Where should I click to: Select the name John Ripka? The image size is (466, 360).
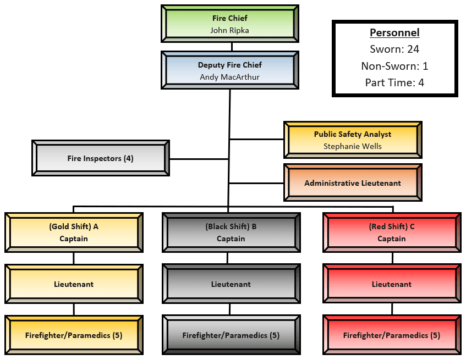coord(230,30)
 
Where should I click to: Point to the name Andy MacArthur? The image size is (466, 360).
coord(230,77)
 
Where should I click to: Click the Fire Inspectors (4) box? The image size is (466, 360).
coord(101,158)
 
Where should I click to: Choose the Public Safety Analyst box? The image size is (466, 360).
coord(353,134)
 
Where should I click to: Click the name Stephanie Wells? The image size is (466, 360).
coord(353,146)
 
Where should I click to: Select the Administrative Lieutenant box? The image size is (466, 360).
coord(353,183)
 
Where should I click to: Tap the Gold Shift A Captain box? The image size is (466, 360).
coord(74,232)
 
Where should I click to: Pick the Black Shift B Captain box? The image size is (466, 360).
coord(231,232)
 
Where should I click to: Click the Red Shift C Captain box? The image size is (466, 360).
coord(392,232)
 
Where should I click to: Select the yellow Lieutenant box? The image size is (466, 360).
coord(74,284)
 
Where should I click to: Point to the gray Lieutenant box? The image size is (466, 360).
coord(231,284)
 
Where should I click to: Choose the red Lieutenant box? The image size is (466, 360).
coord(392,284)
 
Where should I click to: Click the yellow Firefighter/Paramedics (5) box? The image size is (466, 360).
coord(74,335)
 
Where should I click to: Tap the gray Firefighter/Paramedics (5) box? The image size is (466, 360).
coord(231,335)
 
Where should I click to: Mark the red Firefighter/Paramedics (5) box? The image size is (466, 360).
coord(392,335)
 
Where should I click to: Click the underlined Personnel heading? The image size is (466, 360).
coord(394,32)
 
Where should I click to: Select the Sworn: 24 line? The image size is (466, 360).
coord(394,49)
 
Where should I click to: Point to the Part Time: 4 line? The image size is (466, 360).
coord(394,83)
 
